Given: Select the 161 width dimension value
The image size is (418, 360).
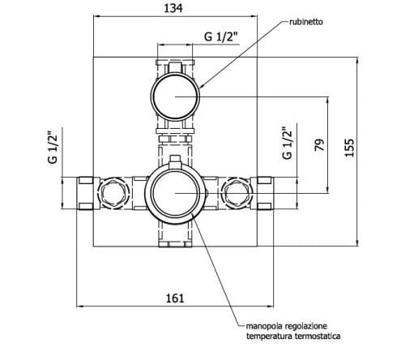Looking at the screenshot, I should (x=175, y=298).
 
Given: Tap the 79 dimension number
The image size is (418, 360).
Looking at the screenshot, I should (x=318, y=146).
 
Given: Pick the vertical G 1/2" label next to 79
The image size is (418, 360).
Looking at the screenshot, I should (x=286, y=144).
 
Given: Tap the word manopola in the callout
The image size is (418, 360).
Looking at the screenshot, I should (x=267, y=323).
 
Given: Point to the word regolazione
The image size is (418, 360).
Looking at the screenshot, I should (x=310, y=323).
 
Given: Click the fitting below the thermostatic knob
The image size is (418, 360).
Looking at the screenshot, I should (x=176, y=235).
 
